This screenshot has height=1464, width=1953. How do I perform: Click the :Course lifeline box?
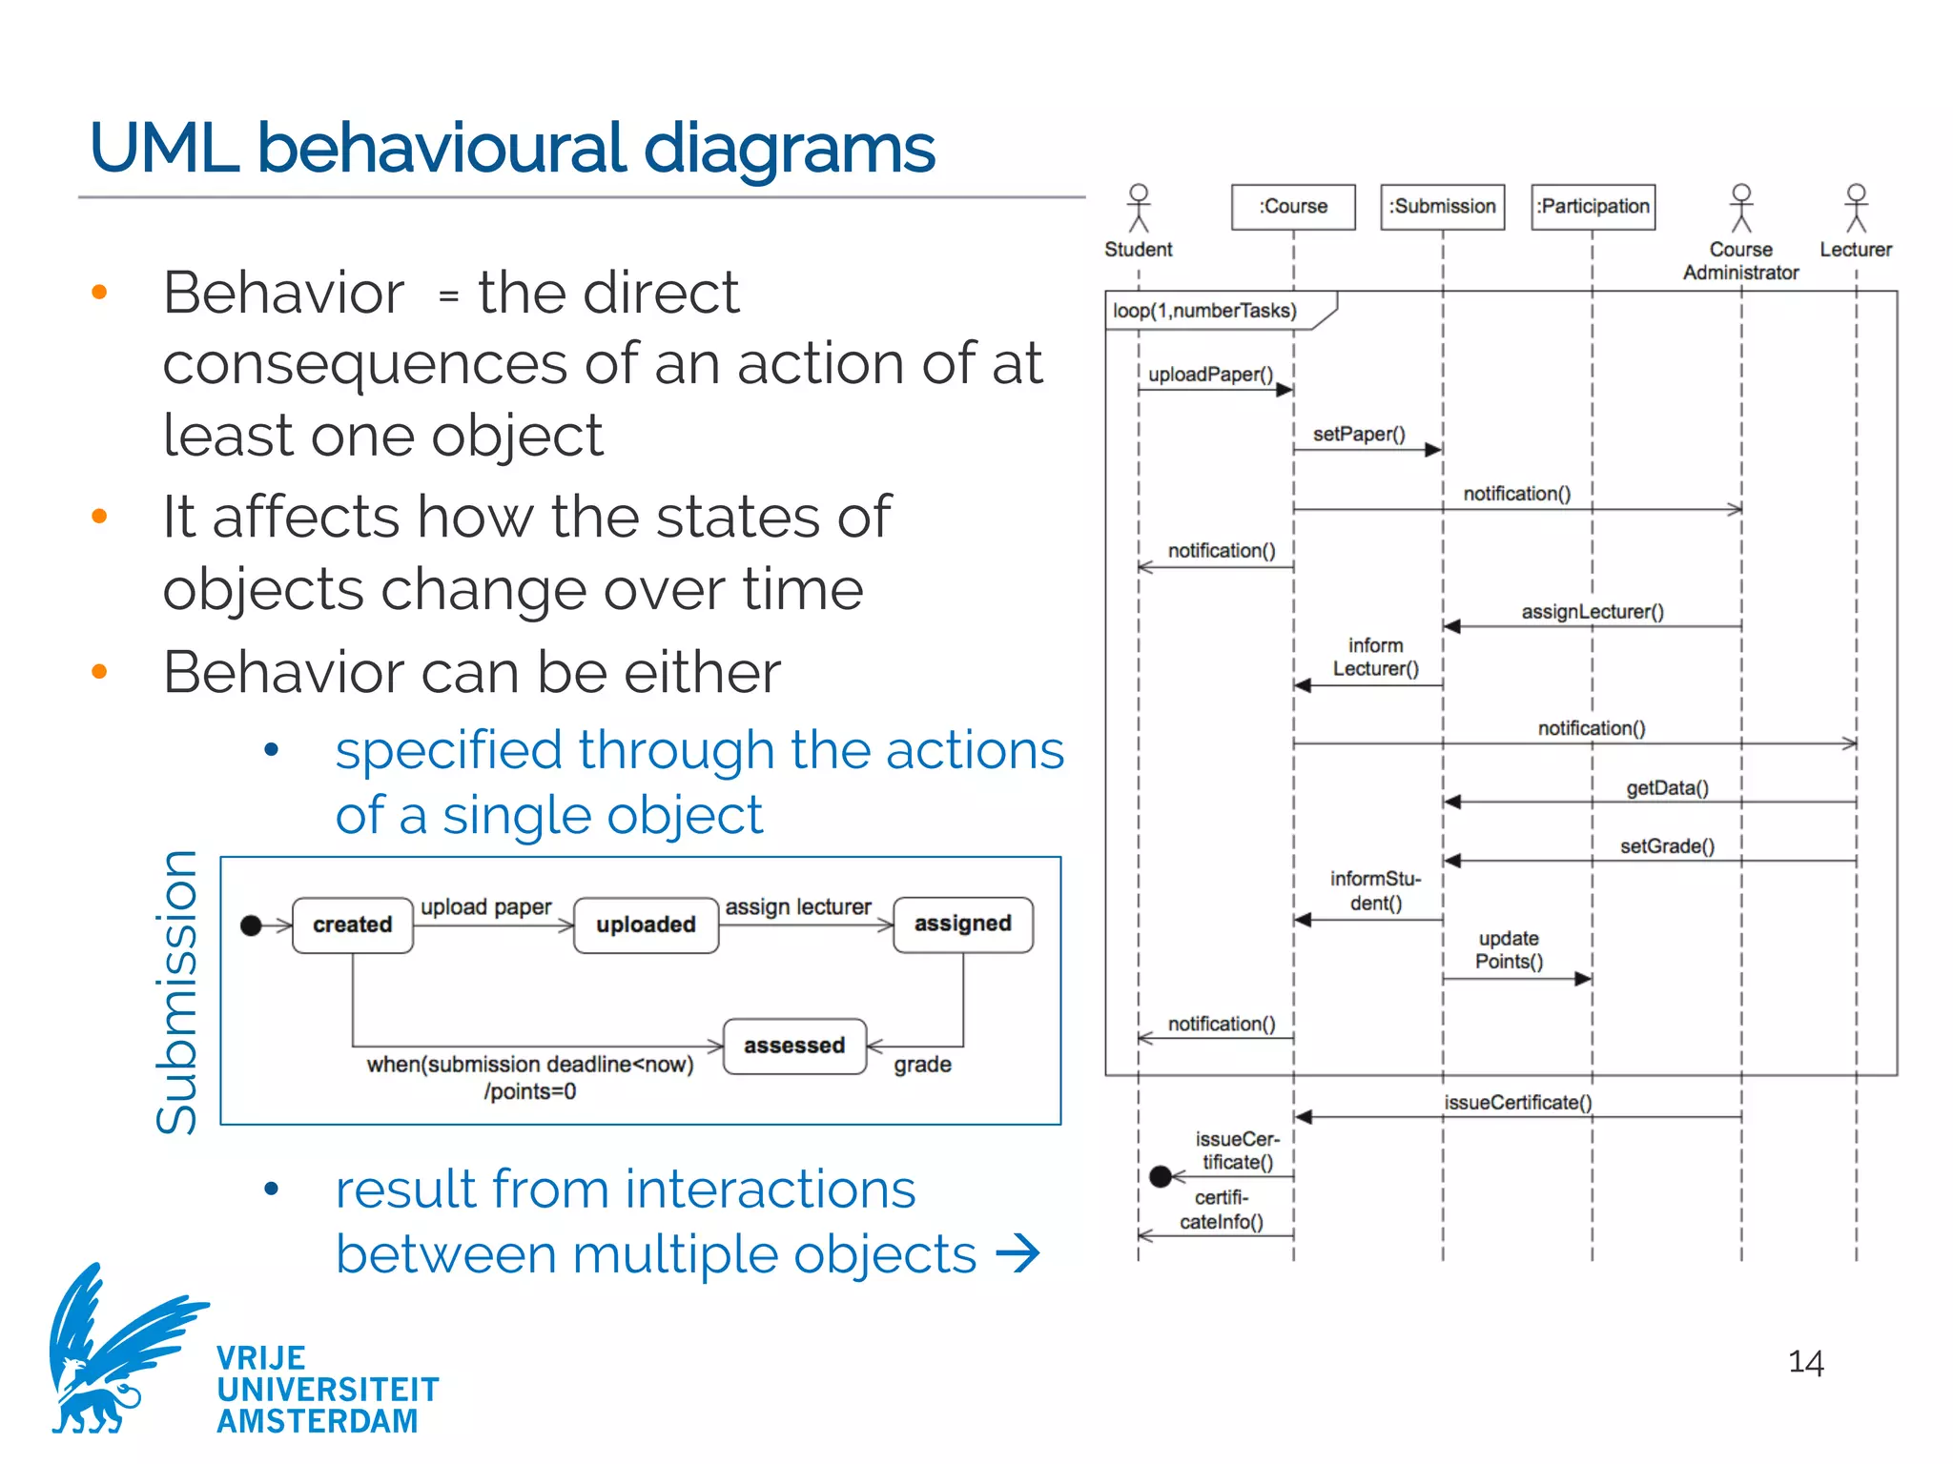(x=1292, y=207)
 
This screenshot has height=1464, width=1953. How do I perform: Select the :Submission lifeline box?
(x=1442, y=207)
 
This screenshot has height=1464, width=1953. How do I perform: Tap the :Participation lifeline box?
(x=1593, y=207)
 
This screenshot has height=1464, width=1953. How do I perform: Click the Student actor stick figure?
(x=1138, y=209)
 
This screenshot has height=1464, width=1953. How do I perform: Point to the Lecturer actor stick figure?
(x=1855, y=209)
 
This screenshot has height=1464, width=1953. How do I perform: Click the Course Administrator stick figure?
(x=1741, y=209)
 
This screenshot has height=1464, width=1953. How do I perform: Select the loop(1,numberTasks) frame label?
(x=1205, y=311)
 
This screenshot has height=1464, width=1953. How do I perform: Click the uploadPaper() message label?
(x=1210, y=375)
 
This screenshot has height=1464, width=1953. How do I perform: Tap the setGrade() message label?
(x=1667, y=846)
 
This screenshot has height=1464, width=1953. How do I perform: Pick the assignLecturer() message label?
(x=1593, y=612)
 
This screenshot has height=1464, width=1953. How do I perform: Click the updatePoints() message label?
(x=1509, y=950)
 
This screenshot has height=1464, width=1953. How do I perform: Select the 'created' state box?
(x=353, y=925)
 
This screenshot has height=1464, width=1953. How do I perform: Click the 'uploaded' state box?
(x=646, y=925)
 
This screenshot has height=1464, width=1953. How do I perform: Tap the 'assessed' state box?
(x=794, y=1046)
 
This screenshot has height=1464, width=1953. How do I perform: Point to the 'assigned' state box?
(x=962, y=924)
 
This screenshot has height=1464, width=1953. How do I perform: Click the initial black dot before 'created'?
(x=251, y=925)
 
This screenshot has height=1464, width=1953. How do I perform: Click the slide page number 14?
(x=1805, y=1363)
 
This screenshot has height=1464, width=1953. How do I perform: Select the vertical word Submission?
(x=177, y=991)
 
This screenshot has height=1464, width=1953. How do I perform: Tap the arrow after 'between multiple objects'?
(x=1018, y=1253)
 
